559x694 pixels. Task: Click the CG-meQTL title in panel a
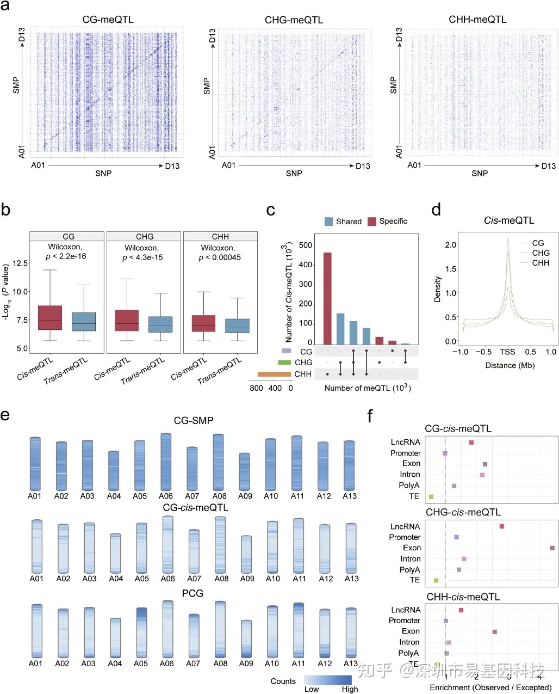point(108,20)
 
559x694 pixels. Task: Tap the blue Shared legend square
point(328,222)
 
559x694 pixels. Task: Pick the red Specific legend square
point(372,222)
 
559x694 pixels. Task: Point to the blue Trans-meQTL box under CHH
point(237,326)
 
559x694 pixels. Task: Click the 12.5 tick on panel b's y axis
point(20,263)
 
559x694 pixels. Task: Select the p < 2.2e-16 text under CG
point(66,256)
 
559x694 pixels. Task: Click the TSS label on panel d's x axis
point(507,352)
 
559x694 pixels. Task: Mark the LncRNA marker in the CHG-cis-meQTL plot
point(502,526)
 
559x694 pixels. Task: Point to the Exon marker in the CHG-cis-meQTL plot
point(552,548)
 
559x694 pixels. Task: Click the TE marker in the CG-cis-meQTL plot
point(431,496)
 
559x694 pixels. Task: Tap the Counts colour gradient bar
point(328,680)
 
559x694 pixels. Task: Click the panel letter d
point(436,210)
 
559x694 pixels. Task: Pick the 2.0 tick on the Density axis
point(451,244)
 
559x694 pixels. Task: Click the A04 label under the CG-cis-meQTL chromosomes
point(116,579)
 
